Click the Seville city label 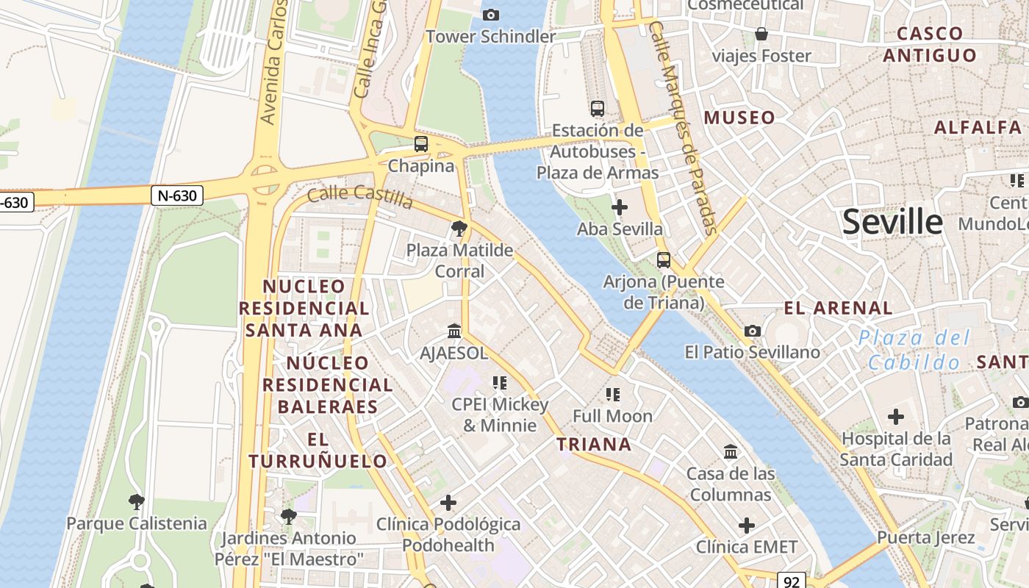pos(892,221)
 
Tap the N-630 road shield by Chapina pos(177,196)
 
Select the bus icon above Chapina pos(421,144)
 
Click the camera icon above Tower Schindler pos(490,15)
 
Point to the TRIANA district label pos(594,444)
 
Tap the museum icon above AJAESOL pos(454,331)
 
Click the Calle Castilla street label pos(360,196)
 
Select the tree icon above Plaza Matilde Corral pos(459,229)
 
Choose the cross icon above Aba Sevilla pos(620,207)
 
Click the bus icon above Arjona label pos(664,259)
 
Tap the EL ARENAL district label pos(838,308)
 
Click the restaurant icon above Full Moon pos(613,395)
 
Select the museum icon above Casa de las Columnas pos(731,451)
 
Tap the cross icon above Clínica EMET pos(747,526)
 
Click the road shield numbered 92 pos(791,581)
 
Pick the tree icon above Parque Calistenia pos(136,502)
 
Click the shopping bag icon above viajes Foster pos(761,34)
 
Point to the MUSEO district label pos(739,118)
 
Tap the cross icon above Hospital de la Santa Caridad pos(895,417)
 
